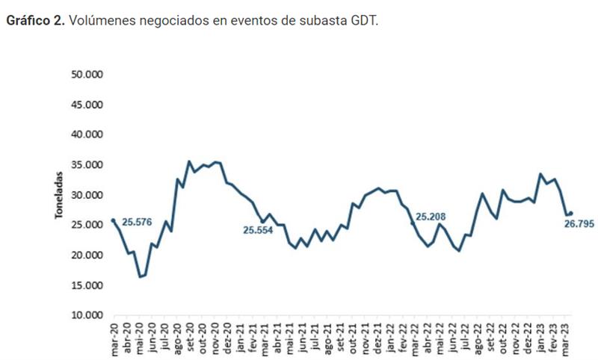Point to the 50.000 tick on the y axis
click(x=88, y=75)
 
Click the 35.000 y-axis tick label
click(x=88, y=165)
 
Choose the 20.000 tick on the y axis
click(x=88, y=255)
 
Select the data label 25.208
click(x=431, y=217)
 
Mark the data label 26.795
click(x=580, y=223)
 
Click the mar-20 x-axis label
click(x=114, y=337)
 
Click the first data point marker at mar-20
click(x=113, y=220)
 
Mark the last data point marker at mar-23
click(x=570, y=214)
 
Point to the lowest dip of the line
click(x=140, y=276)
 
